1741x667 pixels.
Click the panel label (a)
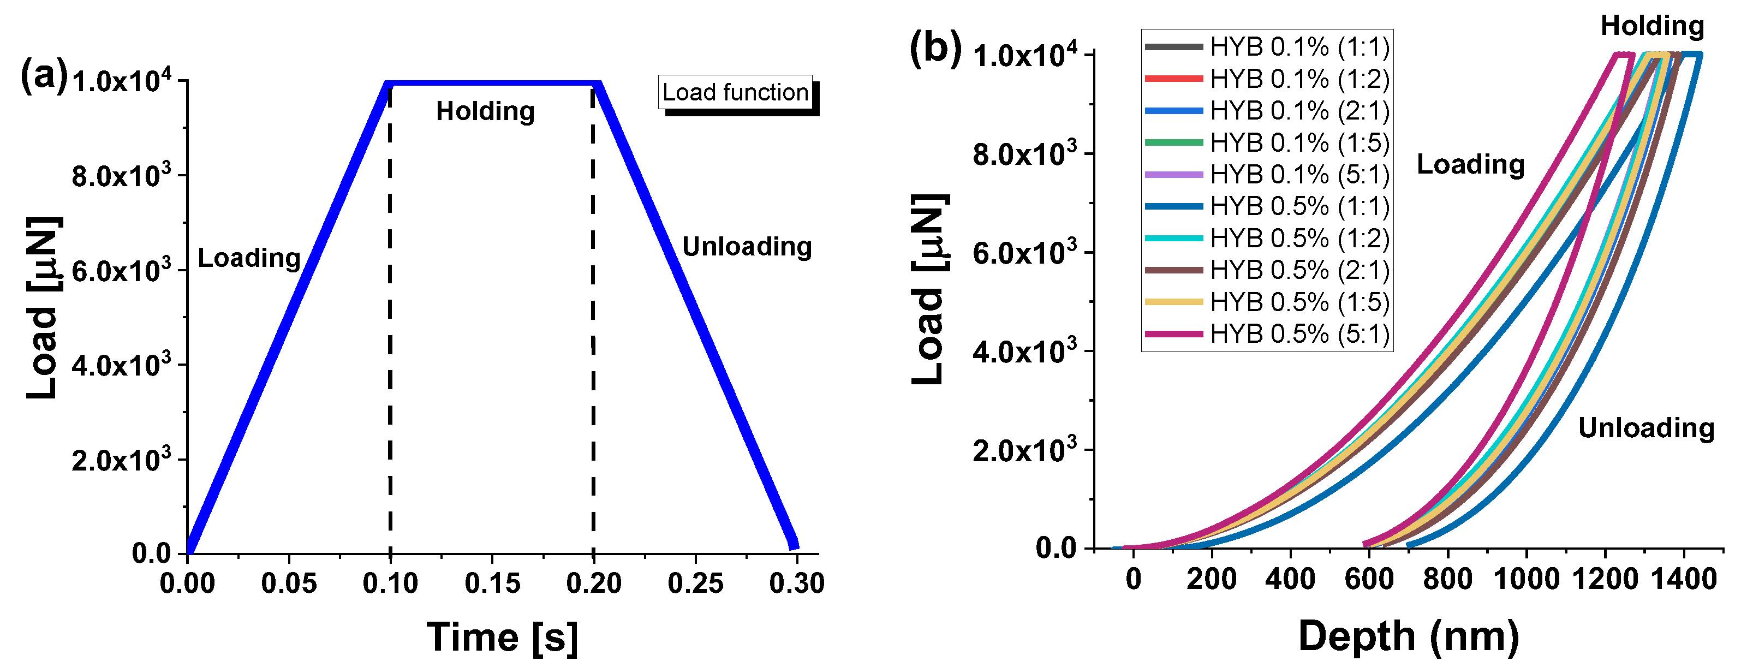click(44, 76)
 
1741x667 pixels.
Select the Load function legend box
click(735, 92)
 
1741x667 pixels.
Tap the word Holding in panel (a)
click(485, 111)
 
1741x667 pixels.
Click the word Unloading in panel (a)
click(747, 247)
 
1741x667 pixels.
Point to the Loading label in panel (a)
click(249, 258)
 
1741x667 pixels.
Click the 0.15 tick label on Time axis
click(492, 583)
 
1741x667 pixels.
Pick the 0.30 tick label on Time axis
click(797, 583)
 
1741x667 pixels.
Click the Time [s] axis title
click(502, 638)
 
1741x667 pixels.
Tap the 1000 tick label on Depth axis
click(1526, 580)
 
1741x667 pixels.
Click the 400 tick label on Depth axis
click(1290, 580)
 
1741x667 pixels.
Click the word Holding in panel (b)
click(1653, 26)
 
